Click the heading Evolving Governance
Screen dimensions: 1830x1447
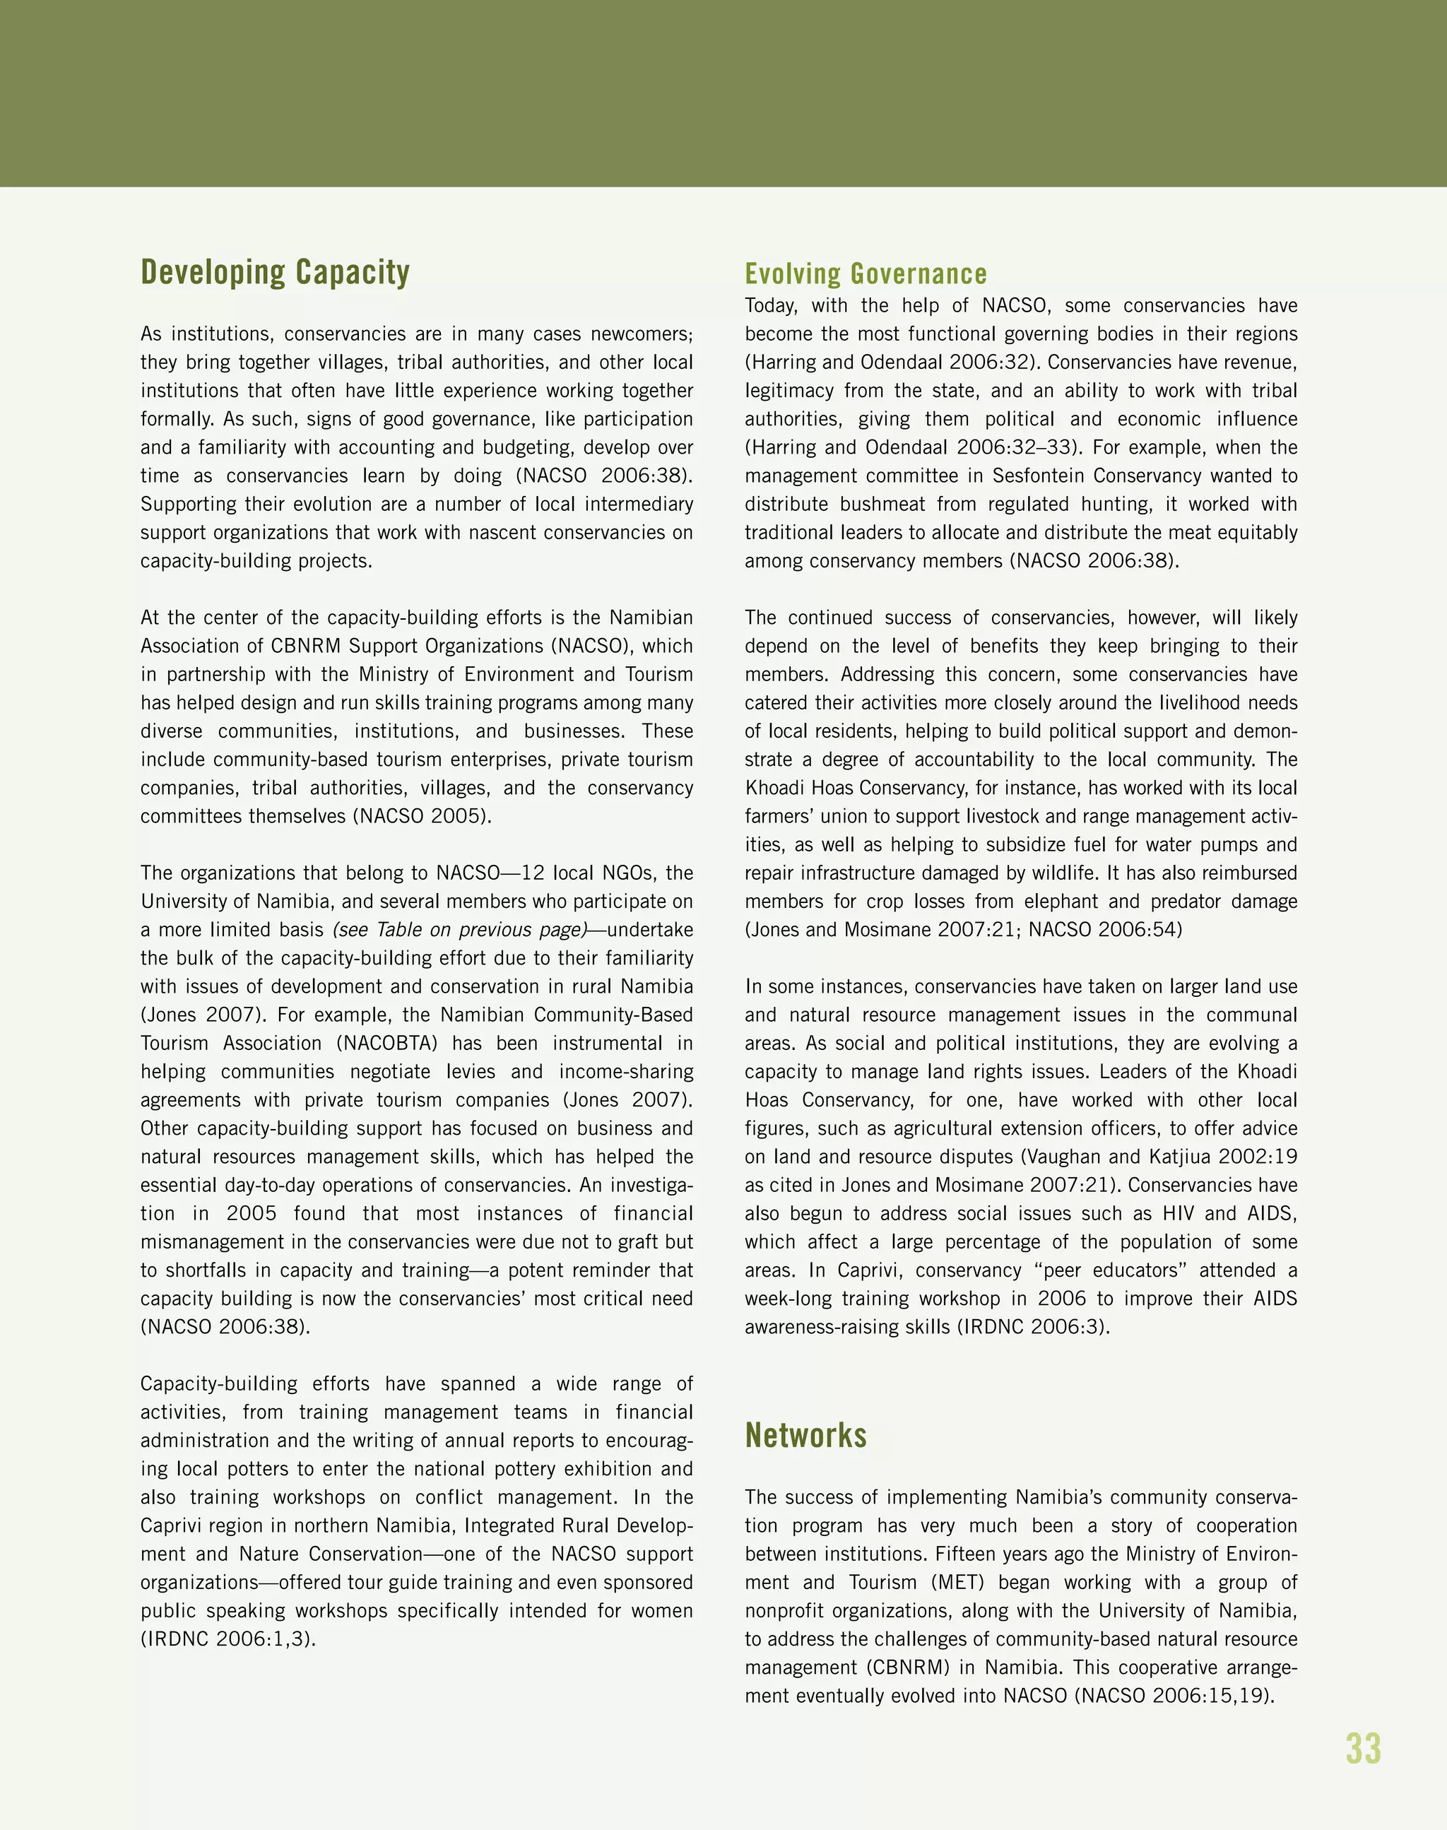click(865, 274)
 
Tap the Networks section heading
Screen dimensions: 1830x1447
click(805, 1435)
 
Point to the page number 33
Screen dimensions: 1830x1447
click(1362, 1749)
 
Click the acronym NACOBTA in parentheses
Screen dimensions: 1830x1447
click(387, 1043)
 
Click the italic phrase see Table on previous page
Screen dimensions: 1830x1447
click(459, 929)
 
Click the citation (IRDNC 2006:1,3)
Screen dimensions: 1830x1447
click(228, 1639)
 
